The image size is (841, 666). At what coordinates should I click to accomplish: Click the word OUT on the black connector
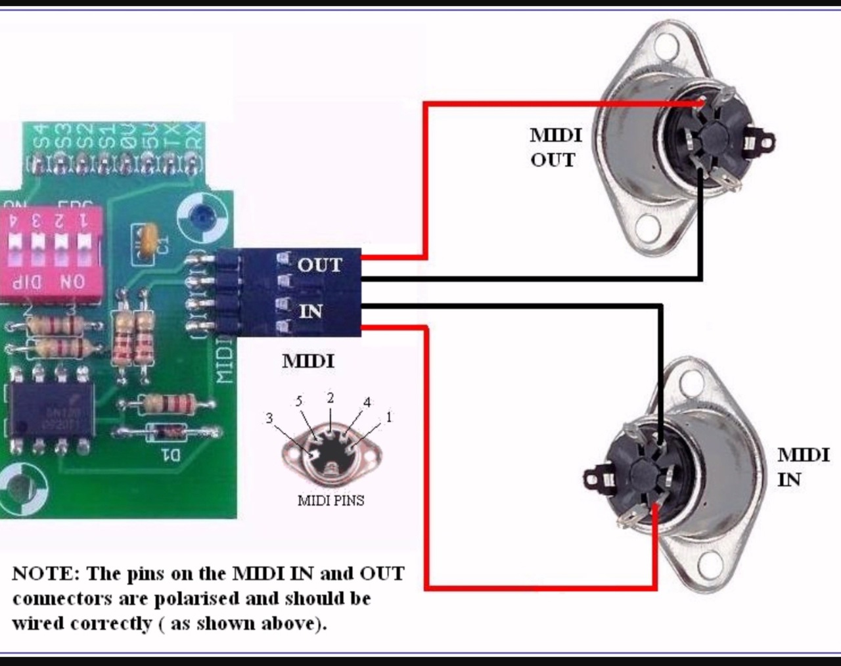320,265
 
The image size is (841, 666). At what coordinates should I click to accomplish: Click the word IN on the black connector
311,310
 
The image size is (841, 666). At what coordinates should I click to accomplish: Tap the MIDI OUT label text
555,147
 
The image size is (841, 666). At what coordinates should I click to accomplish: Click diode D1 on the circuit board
167,433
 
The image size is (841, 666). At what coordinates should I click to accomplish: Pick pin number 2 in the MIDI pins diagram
330,397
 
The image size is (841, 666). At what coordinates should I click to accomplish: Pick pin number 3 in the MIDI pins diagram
269,418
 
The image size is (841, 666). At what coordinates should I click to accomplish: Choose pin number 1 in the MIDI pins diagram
389,417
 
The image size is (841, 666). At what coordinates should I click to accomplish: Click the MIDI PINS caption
330,500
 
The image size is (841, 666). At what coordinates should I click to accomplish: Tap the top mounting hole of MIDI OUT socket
666,47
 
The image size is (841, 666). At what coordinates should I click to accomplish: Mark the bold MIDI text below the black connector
308,361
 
